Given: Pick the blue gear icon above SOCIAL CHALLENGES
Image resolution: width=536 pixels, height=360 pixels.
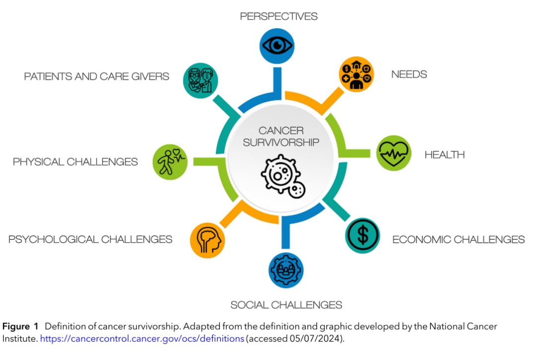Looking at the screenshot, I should pos(286,270).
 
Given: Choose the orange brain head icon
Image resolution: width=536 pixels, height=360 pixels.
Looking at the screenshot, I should pos(207,240).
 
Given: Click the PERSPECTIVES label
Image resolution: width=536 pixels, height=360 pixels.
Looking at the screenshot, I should pos(279,16).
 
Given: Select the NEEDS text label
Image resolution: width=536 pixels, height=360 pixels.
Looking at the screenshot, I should pos(409,74).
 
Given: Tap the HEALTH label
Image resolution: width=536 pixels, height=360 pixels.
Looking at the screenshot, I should pos(444,154).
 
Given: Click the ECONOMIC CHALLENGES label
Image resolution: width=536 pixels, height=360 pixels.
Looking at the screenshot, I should pos(458,239).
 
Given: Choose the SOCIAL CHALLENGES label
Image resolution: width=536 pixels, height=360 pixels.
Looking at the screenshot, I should pos(286,304).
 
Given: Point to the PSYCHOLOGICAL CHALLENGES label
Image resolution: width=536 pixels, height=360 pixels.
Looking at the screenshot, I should pos(90,239).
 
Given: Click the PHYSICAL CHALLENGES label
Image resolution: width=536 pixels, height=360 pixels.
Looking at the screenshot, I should pos(75,162).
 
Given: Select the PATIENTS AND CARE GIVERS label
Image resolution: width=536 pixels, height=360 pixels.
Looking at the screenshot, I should pos(97,76).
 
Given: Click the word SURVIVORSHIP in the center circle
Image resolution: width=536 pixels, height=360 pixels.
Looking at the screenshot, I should pos(281,143).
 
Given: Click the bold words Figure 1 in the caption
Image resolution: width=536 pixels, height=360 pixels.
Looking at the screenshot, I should pos(20,327).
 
